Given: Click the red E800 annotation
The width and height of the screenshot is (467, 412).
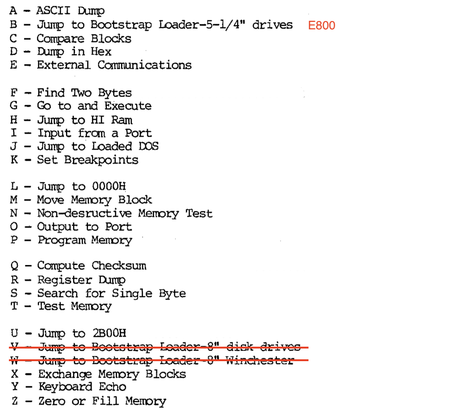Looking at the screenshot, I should click(x=321, y=25).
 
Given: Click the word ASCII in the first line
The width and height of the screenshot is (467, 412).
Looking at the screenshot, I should click(x=53, y=10).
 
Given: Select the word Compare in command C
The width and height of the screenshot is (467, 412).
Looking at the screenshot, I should click(x=61, y=39).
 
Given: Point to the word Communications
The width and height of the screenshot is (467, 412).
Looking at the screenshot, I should click(x=144, y=65).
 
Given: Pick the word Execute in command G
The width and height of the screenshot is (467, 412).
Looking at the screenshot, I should click(x=128, y=106).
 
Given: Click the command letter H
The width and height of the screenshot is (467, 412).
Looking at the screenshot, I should click(x=14, y=120).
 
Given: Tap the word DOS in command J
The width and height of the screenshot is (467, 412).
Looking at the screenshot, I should click(x=148, y=146).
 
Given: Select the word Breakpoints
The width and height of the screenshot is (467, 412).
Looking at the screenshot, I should click(x=101, y=160).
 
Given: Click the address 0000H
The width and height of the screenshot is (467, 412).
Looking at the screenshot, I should click(x=109, y=186).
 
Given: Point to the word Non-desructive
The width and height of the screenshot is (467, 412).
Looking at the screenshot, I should click(x=84, y=213).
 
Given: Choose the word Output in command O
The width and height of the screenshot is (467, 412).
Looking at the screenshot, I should click(x=58, y=227).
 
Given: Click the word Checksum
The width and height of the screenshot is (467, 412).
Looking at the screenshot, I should click(x=119, y=266).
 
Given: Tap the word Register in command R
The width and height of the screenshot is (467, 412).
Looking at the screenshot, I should click(x=65, y=280).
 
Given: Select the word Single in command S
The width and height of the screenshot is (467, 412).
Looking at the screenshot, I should click(x=132, y=293).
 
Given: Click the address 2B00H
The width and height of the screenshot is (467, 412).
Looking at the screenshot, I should click(x=109, y=333).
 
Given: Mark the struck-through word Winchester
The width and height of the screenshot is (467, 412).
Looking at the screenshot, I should click(x=259, y=360).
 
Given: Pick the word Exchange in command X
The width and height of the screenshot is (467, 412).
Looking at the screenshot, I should click(x=65, y=374).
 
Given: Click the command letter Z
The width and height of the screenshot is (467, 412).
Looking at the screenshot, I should click(x=14, y=401).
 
